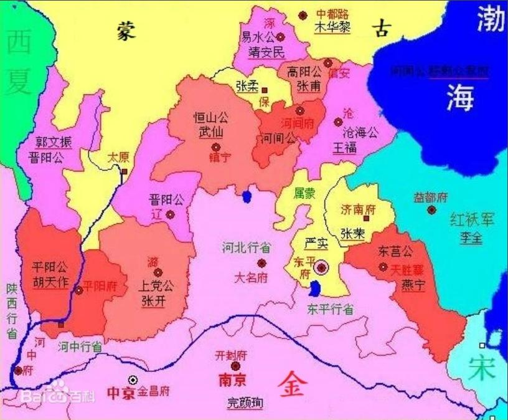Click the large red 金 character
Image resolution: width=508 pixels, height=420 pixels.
[291, 381]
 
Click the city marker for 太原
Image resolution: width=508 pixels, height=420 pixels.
[125, 171]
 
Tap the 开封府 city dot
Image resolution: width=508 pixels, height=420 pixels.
[235, 366]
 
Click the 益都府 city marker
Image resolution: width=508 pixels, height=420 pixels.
[431, 210]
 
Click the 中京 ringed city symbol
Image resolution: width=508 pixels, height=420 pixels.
[133, 379]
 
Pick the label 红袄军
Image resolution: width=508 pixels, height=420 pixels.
[471, 219]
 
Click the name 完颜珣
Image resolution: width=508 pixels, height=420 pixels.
[245, 403]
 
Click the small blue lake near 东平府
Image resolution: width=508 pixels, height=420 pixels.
[316, 289]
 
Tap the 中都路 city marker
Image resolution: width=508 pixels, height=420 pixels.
[303, 14]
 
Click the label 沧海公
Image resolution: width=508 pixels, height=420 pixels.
[360, 133]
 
